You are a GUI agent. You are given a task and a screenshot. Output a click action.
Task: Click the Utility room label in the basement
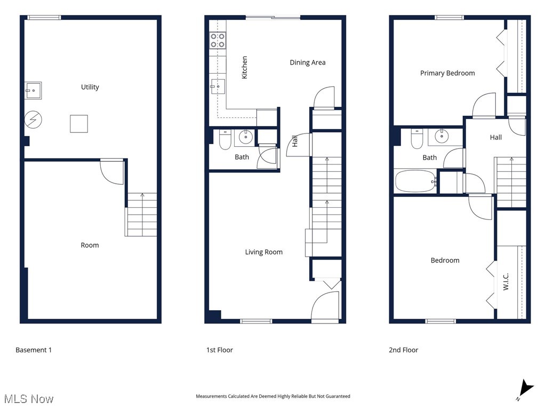click(x=90, y=87)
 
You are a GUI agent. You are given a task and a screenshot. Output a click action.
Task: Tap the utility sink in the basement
click(x=33, y=90)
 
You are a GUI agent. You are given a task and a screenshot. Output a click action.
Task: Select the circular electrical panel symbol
click(x=33, y=121)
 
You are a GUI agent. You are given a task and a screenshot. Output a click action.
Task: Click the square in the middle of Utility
click(x=79, y=124)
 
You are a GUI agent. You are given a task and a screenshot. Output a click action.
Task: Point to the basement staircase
click(x=142, y=215)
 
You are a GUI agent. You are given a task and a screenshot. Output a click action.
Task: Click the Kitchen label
click(x=245, y=68)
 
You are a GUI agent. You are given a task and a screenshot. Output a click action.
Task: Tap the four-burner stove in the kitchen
click(x=218, y=41)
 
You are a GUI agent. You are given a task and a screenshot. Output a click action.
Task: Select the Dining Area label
click(x=307, y=62)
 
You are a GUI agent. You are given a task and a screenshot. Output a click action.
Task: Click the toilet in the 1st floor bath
click(x=225, y=139)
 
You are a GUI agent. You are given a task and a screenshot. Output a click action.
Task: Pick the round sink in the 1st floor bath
click(x=245, y=138)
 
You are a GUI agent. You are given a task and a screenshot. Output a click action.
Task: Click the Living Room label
click(x=263, y=252)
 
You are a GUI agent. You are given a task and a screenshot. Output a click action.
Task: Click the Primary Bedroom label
click(x=447, y=73)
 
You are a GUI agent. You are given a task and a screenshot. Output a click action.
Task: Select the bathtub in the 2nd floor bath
click(x=415, y=182)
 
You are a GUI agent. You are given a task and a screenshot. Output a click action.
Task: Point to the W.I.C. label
click(x=506, y=282)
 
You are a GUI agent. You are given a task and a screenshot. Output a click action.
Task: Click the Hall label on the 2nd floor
click(x=495, y=137)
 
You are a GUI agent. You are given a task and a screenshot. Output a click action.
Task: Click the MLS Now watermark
click(x=29, y=399)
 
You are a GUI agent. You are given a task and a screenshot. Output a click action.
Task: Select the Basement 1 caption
click(x=34, y=350)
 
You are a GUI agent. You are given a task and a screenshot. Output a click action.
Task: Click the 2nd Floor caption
click(x=403, y=350)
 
